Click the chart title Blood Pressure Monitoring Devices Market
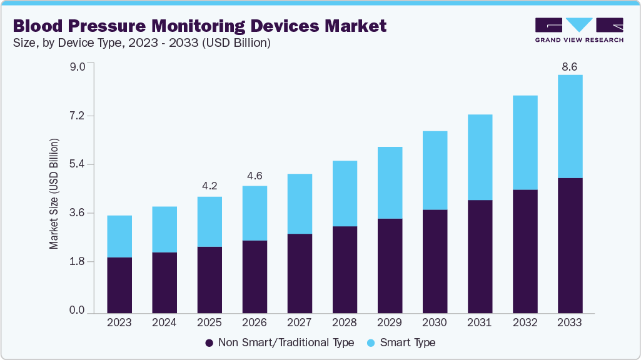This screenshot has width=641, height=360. [199, 26]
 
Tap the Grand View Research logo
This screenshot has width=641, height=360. [579, 29]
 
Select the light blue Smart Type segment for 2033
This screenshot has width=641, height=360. [570, 126]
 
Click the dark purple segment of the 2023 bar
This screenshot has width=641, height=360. [119, 285]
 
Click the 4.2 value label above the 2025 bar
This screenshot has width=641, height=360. [209, 186]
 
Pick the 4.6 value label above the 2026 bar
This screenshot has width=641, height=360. [255, 176]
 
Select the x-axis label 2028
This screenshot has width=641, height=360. [345, 323]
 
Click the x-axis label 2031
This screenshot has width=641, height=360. [480, 323]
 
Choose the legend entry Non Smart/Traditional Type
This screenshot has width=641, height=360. [279, 342]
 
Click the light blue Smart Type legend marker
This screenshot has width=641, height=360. [371, 343]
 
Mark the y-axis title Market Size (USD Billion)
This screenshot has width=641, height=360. [54, 194]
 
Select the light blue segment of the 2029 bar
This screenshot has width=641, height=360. [390, 182]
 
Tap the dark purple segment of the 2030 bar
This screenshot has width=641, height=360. [435, 261]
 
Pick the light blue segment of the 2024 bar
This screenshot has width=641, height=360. [164, 229]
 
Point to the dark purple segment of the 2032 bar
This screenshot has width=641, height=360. [525, 251]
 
